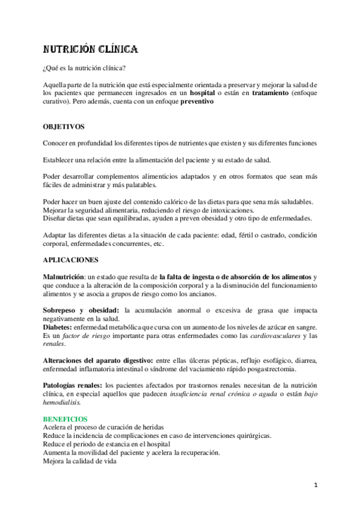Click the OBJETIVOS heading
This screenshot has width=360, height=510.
pos(64,127)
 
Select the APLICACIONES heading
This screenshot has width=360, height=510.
pos(69,260)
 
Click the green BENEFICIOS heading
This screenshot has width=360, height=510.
pos(65,419)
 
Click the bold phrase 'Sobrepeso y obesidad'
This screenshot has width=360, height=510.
pos(81,310)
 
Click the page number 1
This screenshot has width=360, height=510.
pos(316,484)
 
